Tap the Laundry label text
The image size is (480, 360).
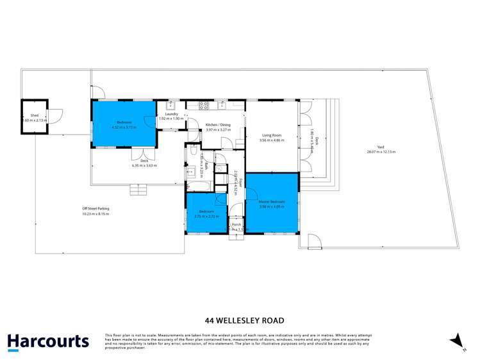pyautogui.click(x=171, y=113)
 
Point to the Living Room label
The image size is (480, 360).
pyautogui.click(x=272, y=135)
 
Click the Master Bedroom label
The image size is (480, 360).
pyautogui.click(x=272, y=202)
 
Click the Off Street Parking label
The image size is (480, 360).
pyautogui.click(x=95, y=208)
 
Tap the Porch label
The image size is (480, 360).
pyautogui.click(x=236, y=225)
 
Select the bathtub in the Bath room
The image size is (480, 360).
pyautogui.click(x=199, y=186)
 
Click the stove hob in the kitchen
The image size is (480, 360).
pyautogui.click(x=205, y=104)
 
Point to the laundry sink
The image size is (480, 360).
pyautogui.click(x=171, y=104)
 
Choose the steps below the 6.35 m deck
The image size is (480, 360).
pyautogui.click(x=138, y=190)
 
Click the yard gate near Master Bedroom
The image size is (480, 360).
pyautogui.click(x=313, y=241)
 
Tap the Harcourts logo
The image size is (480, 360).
pyautogui.click(x=48, y=341)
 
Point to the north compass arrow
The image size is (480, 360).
pyautogui.click(x=456, y=341)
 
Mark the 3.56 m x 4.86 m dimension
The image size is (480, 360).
pyautogui.click(x=272, y=140)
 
